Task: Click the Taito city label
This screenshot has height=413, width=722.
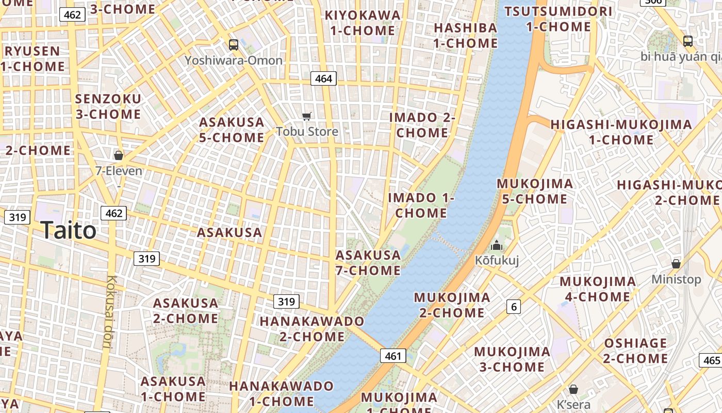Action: (69, 230)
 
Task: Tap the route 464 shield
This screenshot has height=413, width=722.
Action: (323, 78)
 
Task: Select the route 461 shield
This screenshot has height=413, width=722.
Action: (393, 356)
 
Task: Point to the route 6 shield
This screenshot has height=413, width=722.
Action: (513, 307)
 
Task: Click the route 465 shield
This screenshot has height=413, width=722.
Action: (711, 360)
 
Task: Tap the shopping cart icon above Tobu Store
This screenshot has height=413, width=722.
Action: (307, 116)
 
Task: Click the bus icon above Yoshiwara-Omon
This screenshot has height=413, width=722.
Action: (234, 45)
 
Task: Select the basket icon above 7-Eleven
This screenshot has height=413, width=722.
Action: (119, 155)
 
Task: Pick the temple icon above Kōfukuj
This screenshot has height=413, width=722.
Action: (497, 245)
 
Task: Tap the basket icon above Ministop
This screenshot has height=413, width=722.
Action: (676, 264)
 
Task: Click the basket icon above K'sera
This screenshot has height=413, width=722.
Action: (573, 389)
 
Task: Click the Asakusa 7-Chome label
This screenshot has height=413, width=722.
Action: (368, 263)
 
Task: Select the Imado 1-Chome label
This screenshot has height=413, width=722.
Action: (421, 205)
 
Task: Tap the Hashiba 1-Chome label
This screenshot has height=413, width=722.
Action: (466, 35)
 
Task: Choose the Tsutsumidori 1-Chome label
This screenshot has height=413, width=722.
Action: (559, 19)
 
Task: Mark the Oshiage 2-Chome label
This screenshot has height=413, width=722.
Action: (635, 351)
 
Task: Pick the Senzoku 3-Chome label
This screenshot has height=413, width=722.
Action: (108, 106)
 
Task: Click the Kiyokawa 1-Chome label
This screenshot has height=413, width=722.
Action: (363, 23)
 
